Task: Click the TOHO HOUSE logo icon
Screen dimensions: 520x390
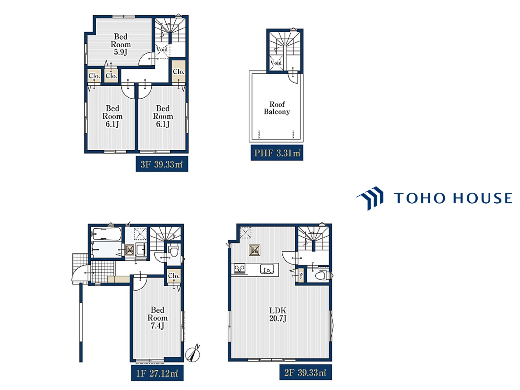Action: tap(370, 198)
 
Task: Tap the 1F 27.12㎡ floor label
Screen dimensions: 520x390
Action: tap(157, 373)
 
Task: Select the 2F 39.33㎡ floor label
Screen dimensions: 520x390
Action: tap(305, 373)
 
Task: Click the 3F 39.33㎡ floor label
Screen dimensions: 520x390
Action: tap(162, 164)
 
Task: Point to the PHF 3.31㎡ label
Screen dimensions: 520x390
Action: tap(277, 153)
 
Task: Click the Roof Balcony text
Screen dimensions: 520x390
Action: tap(277, 108)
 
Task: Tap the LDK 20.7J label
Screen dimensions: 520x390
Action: tap(278, 314)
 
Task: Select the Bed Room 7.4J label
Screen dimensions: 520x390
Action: tap(157, 318)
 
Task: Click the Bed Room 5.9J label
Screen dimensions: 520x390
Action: tap(121, 44)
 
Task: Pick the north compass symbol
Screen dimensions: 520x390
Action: tap(193, 354)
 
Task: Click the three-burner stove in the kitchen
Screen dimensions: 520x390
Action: tap(239, 269)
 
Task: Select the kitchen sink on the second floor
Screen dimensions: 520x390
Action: tap(267, 269)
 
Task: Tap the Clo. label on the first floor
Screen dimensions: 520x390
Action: tap(174, 275)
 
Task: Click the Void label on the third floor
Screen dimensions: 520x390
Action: tap(162, 50)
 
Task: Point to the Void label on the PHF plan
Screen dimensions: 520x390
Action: tap(276, 63)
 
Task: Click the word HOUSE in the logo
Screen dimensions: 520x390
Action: tap(483, 198)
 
